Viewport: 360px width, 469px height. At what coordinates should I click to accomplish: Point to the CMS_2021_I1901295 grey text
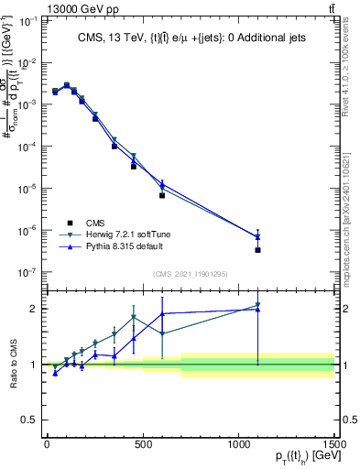click(189, 274)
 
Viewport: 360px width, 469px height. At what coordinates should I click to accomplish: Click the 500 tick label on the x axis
click(142, 444)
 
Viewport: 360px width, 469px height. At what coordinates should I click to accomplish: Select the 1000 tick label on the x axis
click(238, 444)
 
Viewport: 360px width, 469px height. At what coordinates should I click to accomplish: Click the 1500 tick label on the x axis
click(333, 444)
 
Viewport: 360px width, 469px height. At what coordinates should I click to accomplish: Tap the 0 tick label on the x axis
click(47, 444)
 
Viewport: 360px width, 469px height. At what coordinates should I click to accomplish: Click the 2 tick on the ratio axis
click(35, 309)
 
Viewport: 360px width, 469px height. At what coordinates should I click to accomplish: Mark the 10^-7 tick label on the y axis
click(28, 272)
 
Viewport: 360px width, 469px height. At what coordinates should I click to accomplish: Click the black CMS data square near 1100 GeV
click(257, 250)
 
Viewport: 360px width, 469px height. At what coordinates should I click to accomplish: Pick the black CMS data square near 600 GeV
click(162, 195)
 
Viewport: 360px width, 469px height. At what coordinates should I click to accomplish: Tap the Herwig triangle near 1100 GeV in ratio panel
click(257, 305)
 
